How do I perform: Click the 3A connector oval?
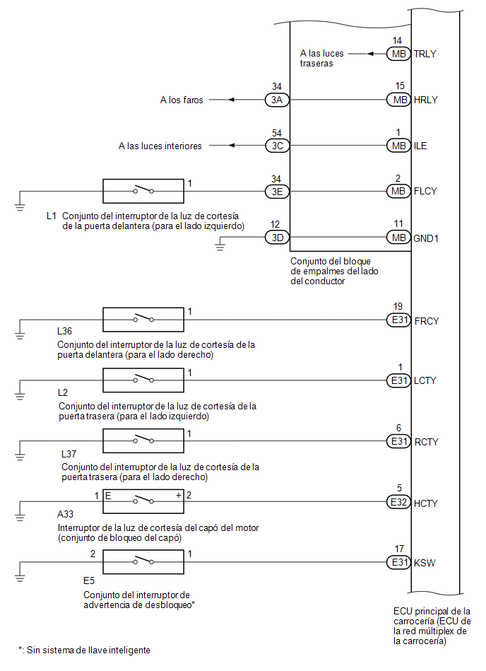(278, 100)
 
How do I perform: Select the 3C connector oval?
(278, 146)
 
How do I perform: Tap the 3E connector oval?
(278, 192)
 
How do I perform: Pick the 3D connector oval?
(278, 237)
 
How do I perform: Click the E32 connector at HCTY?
(399, 502)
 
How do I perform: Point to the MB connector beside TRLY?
(399, 54)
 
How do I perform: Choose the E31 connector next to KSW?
(399, 562)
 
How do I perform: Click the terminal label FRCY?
(427, 321)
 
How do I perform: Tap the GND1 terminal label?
(426, 238)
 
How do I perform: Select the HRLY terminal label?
(426, 100)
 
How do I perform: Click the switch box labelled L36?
(143, 320)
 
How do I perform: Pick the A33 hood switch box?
(143, 501)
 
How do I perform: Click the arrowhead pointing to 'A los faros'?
(231, 100)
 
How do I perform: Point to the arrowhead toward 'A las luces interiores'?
(231, 146)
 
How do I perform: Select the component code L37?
(69, 454)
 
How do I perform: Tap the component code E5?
(89, 580)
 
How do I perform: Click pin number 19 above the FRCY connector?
(398, 306)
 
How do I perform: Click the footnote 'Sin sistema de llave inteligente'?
(88, 650)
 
